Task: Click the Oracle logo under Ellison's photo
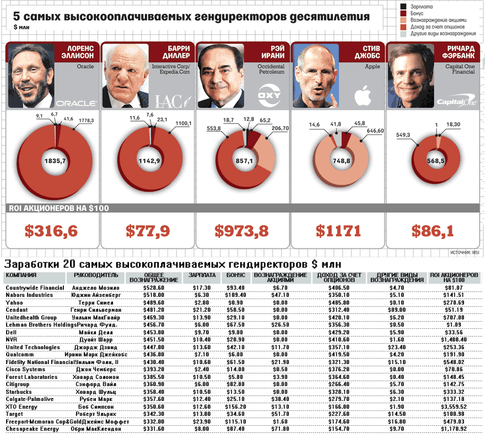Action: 77,102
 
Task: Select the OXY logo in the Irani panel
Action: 270,94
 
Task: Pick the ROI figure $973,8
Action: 242,231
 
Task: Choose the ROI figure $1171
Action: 338,231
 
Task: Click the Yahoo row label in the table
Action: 14,302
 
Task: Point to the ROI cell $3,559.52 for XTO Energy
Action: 451,406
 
